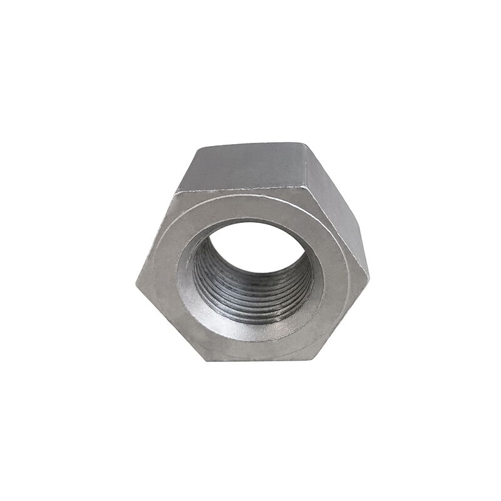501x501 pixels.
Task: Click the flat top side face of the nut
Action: tap(247, 166)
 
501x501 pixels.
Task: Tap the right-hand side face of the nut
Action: tap(341, 225)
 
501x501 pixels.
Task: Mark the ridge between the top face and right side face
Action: tap(306, 166)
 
